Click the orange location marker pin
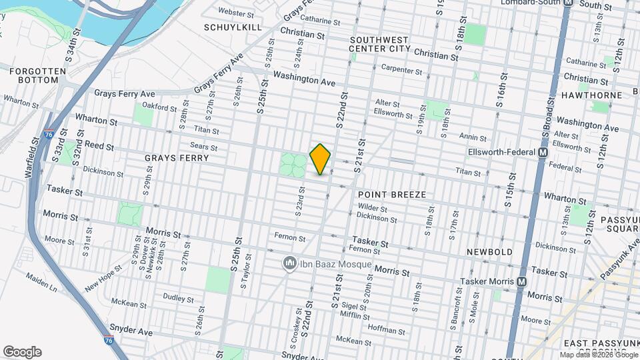tap(321, 159)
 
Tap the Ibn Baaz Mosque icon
tap(289, 264)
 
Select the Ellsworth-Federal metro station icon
tap(543, 153)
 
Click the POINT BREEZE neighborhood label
tap(391, 195)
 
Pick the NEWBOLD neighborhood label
tap(489, 252)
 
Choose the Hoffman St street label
tap(382, 329)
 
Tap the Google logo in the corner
tap(22, 352)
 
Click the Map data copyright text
tap(599, 355)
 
